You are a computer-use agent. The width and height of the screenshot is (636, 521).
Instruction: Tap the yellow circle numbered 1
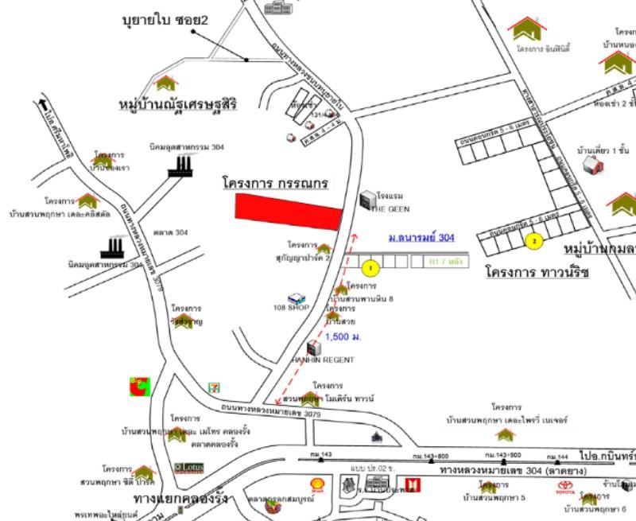tap(367, 268)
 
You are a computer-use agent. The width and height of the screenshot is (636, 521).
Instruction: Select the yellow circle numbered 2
tap(534, 241)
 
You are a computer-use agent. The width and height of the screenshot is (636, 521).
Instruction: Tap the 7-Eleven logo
tap(213, 387)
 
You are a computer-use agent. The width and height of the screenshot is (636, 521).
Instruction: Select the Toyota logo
tap(565, 485)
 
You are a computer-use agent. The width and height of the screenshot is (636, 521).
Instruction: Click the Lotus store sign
tap(188, 468)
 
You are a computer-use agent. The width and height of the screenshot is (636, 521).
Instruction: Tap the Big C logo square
tap(140, 387)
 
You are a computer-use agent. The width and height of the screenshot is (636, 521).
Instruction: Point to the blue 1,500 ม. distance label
tap(343, 337)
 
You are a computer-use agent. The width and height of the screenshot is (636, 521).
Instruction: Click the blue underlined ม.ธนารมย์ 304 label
tap(421, 237)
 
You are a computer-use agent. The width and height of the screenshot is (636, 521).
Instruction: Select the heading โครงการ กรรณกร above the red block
tap(275, 183)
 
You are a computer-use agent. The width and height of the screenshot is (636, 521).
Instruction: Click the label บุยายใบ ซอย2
tap(165, 19)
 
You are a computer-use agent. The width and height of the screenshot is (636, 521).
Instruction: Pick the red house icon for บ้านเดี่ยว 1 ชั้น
tap(590, 165)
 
